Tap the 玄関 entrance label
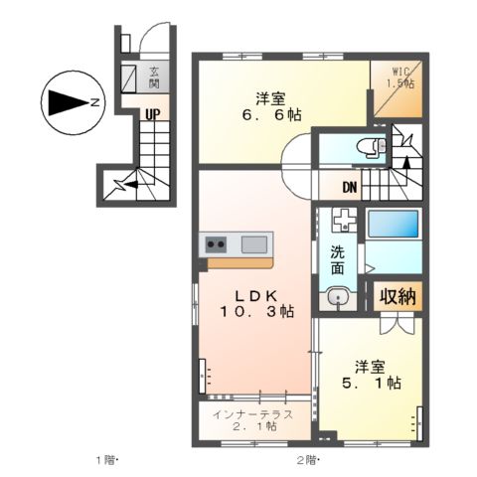(155, 76)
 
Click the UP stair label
(152, 114)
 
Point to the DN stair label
(350, 186)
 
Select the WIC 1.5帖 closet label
(400, 77)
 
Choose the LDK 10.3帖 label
(255, 303)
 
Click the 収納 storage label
(397, 296)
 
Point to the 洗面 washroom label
(337, 260)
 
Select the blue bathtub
(393, 223)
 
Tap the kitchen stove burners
(218, 243)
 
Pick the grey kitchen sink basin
(255, 243)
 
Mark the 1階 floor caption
(107, 459)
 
